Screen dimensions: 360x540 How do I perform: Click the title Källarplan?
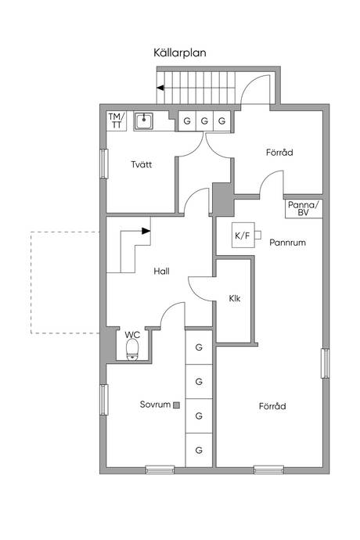180,53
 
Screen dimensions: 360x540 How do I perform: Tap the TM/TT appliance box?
117,121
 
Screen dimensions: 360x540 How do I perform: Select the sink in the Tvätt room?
144,121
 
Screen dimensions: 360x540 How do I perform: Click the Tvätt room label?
141,164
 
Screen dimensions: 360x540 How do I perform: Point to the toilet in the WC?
132,349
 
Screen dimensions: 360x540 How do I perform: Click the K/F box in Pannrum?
243,236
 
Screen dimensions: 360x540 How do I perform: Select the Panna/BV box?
304,209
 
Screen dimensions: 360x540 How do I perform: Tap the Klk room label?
235,298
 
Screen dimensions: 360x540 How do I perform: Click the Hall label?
161,272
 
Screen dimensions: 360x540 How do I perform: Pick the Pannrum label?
288,243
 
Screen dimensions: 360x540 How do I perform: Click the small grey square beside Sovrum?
176,405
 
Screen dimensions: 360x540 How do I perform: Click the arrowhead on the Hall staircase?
146,231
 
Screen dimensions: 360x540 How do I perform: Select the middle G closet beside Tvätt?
204,121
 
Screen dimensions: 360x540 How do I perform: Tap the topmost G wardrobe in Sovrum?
199,347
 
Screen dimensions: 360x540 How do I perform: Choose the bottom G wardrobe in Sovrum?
199,450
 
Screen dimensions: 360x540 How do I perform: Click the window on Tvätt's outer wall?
103,164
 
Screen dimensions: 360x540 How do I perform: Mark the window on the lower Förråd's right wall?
326,363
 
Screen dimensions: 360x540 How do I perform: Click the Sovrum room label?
156,405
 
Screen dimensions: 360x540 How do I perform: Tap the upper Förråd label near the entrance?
279,153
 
